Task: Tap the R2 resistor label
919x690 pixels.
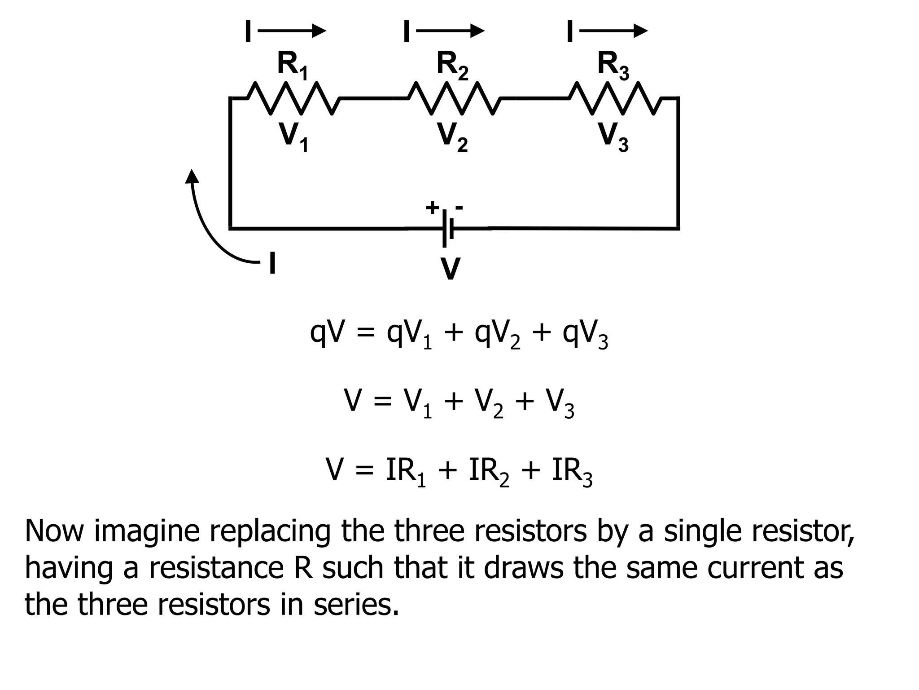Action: pyautogui.click(x=452, y=66)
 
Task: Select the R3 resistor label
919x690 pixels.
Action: pyautogui.click(x=613, y=66)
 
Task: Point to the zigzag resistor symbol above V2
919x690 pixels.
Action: pyautogui.click(x=454, y=98)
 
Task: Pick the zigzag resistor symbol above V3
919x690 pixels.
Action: pyautogui.click(x=615, y=98)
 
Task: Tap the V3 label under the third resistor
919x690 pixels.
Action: pyautogui.click(x=613, y=137)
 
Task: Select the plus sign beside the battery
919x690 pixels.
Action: pyautogui.click(x=432, y=208)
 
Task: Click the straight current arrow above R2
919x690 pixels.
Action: pyautogui.click(x=451, y=31)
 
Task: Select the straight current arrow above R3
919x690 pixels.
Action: pyautogui.click(x=613, y=31)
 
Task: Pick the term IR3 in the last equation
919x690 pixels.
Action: pyautogui.click(x=572, y=472)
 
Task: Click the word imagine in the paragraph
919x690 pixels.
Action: pyautogui.click(x=147, y=531)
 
